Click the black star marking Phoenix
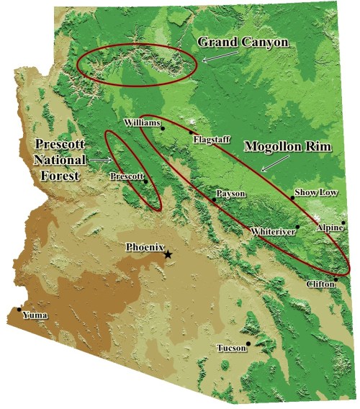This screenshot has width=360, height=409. coord(168,254)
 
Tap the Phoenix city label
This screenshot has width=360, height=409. coord(146,246)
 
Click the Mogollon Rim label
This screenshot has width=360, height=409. coord(288,145)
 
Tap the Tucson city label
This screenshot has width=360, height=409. coord(230,349)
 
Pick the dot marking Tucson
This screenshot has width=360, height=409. coord(249,343)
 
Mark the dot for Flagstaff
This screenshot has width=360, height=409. coord(192,132)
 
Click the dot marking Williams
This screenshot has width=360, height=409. coord(163,128)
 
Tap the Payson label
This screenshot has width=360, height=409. coord(231,194)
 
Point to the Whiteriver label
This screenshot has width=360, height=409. coord(272,232)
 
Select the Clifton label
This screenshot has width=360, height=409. coord(321,284)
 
